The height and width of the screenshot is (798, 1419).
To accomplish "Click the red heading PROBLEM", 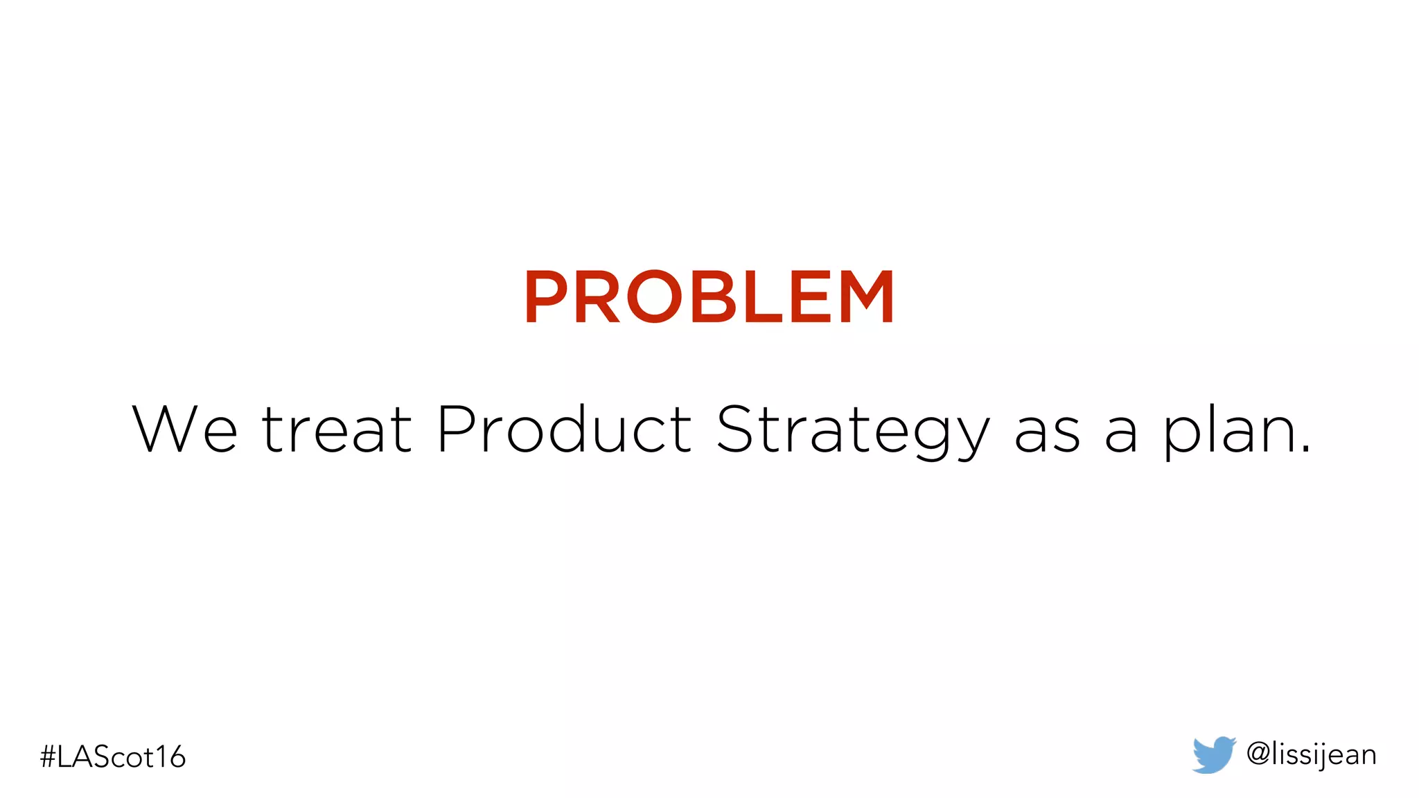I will (709, 297).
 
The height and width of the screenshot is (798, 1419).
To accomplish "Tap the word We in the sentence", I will (184, 429).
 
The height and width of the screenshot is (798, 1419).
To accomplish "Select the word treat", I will (337, 429).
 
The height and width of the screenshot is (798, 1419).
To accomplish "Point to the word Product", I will (564, 429).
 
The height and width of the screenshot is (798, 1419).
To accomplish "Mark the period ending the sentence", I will (1305, 449).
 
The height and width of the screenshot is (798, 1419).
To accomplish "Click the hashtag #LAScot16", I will (113, 756).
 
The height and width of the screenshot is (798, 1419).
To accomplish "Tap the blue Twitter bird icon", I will (1213, 754).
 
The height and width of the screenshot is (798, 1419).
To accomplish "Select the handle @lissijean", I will (1311, 754).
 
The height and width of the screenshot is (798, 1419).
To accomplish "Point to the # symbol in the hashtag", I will (48, 757).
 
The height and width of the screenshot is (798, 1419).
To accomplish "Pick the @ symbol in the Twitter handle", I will (1258, 754).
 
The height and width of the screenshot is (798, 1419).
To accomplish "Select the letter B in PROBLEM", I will (713, 297).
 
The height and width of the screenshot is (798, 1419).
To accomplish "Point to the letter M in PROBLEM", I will (865, 297).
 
